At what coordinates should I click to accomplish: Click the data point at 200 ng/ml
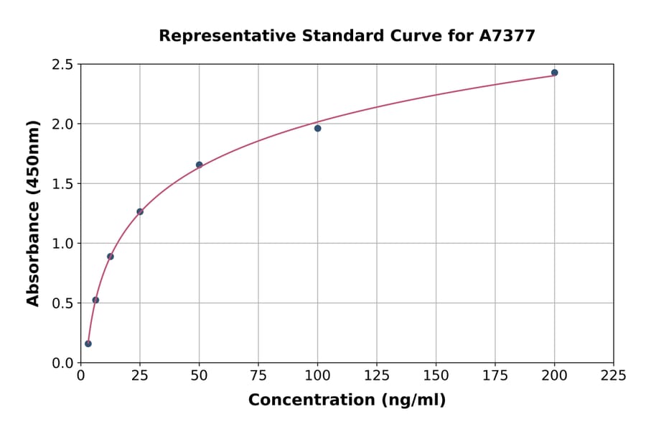pyautogui.click(x=554, y=73)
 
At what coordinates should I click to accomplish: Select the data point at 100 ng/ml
pyautogui.click(x=317, y=129)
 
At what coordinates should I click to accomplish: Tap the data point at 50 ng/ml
pyautogui.click(x=199, y=165)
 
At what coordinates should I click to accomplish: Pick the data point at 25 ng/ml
pyautogui.click(x=140, y=211)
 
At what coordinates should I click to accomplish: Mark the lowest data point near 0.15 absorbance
pyautogui.click(x=88, y=344)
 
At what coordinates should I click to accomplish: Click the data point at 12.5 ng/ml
pyautogui.click(x=111, y=257)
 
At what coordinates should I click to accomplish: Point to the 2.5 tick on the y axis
pyautogui.click(x=62, y=65)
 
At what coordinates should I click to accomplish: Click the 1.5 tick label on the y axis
pyautogui.click(x=62, y=184)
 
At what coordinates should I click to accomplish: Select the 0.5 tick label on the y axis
pyautogui.click(x=62, y=303)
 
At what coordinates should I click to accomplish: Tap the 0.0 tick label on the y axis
pyautogui.click(x=62, y=363)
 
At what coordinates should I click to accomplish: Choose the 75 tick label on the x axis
pyautogui.click(x=258, y=375)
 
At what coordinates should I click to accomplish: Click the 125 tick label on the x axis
pyautogui.click(x=377, y=375)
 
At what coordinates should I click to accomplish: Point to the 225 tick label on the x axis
pyautogui.click(x=614, y=375)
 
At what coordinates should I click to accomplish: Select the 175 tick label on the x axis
pyautogui.click(x=495, y=375)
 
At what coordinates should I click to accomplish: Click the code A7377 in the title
pyautogui.click(x=507, y=36)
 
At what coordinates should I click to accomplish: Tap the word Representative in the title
pyautogui.click(x=220, y=36)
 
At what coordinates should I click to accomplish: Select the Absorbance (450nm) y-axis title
pyautogui.click(x=33, y=213)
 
